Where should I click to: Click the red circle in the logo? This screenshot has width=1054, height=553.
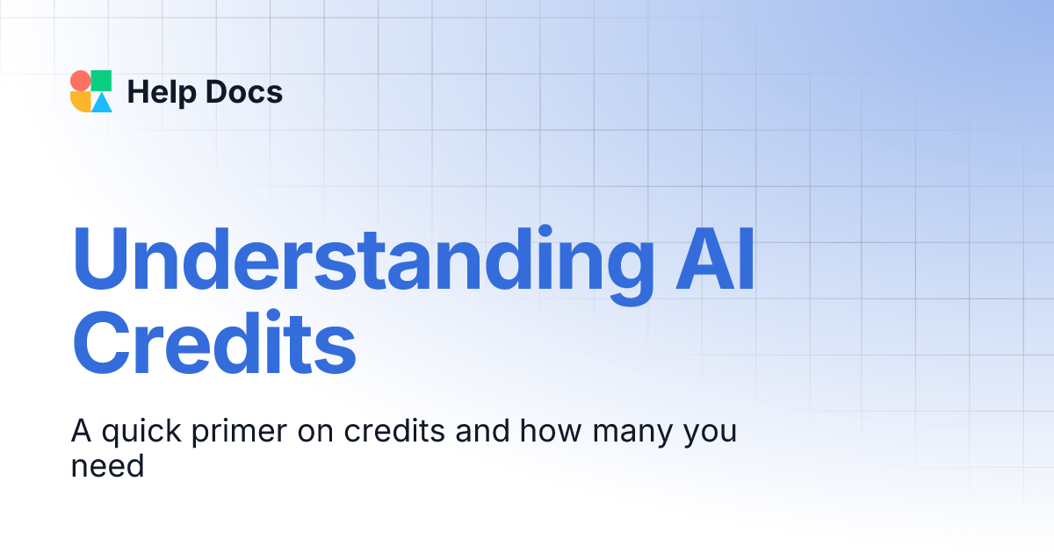coord(80,81)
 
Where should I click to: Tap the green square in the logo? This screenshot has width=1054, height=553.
coord(102,81)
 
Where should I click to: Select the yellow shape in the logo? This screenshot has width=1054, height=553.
coord(80,102)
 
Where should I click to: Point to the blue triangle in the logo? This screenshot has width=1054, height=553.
coord(103,103)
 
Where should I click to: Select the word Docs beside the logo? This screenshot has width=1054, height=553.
coord(243,91)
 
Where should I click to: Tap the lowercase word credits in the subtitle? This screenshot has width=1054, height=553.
coord(388,433)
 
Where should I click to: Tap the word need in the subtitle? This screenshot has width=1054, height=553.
coord(106,465)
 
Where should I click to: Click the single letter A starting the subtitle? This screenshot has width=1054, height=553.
coord(81,432)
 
